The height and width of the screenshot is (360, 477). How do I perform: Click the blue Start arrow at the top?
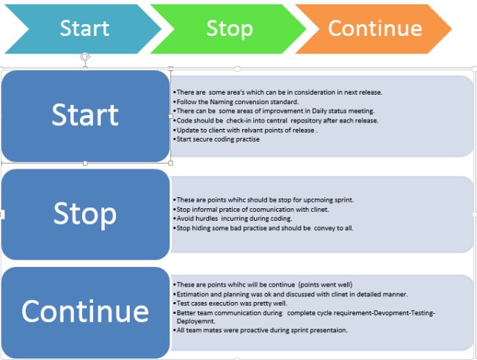coord(81,29)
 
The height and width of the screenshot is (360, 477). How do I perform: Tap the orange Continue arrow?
coord(374,29)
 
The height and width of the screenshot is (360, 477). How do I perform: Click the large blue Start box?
coord(85,116)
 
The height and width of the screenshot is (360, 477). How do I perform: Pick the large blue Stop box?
coord(85,213)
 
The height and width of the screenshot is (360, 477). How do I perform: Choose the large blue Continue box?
coord(85,312)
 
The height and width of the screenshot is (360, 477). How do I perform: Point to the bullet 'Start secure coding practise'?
coord(217,139)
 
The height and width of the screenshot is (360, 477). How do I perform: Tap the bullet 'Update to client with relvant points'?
coord(246,130)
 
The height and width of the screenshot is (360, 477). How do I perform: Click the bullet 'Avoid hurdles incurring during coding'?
coord(233,218)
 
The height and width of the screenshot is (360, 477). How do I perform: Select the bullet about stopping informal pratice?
coord(250,209)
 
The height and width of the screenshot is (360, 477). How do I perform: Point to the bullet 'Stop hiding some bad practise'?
coord(263,228)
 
